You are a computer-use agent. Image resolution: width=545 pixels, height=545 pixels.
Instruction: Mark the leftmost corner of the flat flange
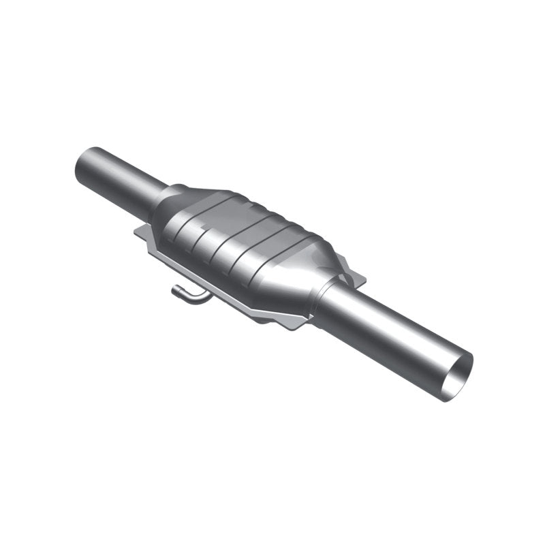pyautogui.click(x=136, y=234)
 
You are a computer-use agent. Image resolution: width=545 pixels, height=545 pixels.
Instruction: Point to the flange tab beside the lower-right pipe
pyautogui.click(x=354, y=276)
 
